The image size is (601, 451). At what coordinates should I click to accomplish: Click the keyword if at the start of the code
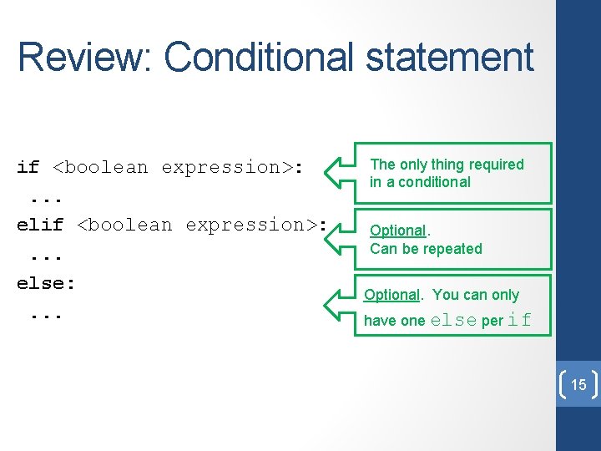28,167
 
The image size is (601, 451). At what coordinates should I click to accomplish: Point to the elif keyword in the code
40,225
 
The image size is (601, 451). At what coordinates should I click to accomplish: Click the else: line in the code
46,283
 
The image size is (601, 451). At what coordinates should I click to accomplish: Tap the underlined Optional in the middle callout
397,231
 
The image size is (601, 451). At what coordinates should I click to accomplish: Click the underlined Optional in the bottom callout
391,295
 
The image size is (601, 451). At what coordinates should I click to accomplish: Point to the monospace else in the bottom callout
453,320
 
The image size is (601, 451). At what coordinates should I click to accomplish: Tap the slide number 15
578,385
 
